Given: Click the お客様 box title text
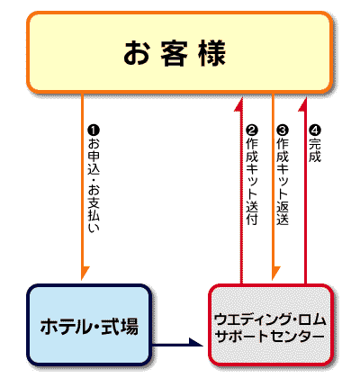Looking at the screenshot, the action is click(x=175, y=53).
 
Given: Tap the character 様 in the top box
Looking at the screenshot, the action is click(x=212, y=53).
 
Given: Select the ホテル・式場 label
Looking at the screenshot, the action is click(x=89, y=327).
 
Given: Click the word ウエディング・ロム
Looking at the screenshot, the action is click(x=270, y=319).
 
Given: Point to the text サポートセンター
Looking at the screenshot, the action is click(x=270, y=336).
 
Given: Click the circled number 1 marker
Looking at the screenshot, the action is click(x=94, y=130).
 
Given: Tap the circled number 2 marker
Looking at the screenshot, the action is click(x=252, y=130).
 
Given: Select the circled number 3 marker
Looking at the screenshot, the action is click(x=283, y=130).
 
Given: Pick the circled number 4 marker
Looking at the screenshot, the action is click(x=315, y=130).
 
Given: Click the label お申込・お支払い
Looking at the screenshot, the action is click(x=94, y=185).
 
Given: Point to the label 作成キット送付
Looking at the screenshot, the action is click(x=252, y=182).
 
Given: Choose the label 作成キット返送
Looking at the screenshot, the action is click(x=283, y=182).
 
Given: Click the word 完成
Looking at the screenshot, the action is click(x=315, y=150).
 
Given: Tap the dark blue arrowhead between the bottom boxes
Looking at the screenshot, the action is click(x=195, y=342).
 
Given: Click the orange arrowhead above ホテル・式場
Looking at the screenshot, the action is click(x=85, y=272).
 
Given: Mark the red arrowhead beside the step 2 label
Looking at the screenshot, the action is click(x=239, y=105).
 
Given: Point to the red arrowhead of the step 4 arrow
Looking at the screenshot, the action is click(x=303, y=105).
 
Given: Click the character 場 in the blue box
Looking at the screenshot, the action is click(x=130, y=327).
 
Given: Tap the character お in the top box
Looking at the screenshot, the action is click(x=137, y=53).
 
